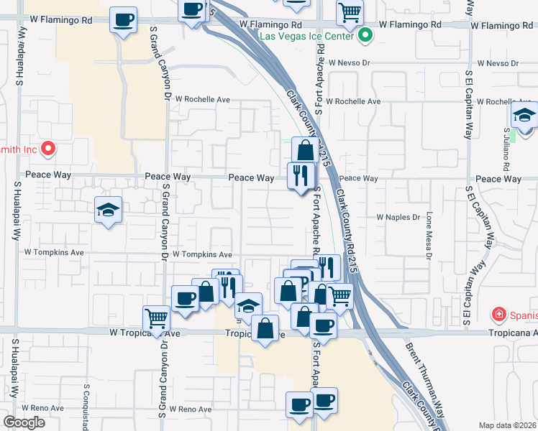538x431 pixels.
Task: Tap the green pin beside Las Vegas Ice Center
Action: pos(365,34)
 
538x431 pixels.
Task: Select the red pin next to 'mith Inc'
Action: pos(48,149)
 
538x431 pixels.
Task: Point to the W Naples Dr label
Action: pos(398,217)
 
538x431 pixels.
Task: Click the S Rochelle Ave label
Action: pos(352,101)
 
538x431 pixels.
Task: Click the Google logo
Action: pos(24,422)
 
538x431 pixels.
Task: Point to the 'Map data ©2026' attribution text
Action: pos(508,425)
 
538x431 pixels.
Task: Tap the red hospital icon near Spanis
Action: pos(498,314)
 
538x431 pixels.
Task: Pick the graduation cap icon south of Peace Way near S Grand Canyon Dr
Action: pos(108,209)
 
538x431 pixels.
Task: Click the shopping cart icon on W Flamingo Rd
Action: pos(350,11)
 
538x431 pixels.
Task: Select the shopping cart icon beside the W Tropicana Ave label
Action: pos(155,318)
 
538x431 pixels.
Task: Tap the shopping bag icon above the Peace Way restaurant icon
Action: pos(305,149)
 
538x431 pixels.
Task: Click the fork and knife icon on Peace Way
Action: pos(300,175)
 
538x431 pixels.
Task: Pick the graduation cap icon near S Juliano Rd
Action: pos(525,115)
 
